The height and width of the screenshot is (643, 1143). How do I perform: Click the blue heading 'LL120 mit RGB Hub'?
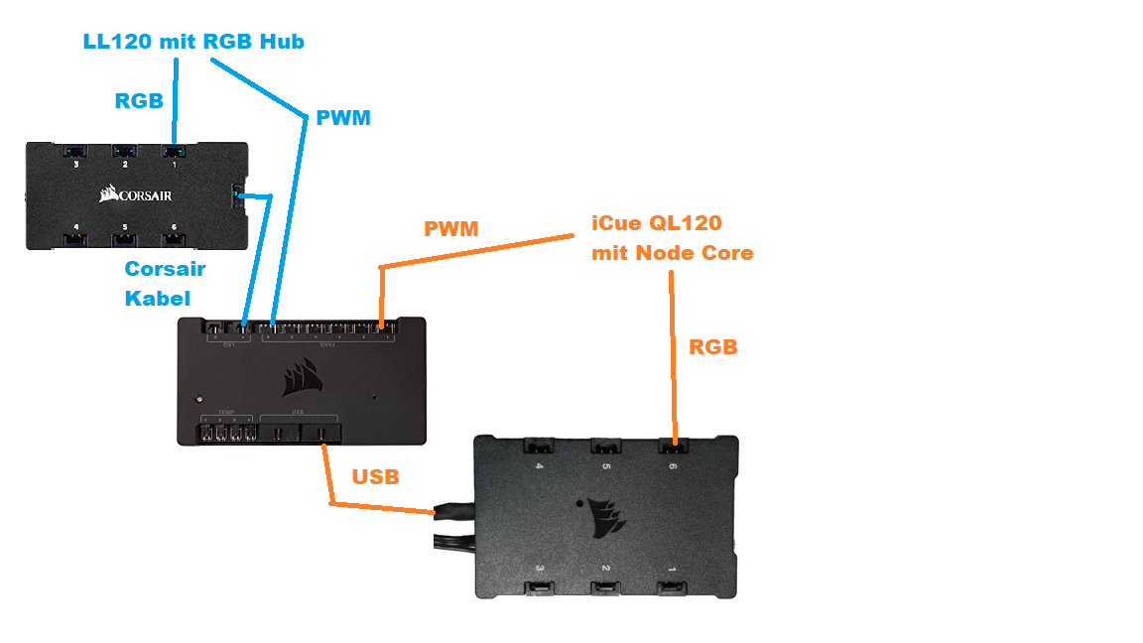193,42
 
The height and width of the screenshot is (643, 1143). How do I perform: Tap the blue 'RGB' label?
139,101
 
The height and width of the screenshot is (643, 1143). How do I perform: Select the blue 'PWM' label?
342,118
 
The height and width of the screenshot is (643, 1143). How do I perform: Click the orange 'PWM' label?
450,229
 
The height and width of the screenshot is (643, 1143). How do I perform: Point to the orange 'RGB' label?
712,347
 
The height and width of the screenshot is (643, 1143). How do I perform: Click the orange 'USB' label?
375,477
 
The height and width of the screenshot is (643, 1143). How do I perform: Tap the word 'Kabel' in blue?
158,297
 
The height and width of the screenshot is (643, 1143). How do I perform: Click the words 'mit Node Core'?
672,253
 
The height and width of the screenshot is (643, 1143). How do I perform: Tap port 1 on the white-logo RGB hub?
174,152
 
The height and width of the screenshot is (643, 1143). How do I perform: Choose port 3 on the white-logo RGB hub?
75,152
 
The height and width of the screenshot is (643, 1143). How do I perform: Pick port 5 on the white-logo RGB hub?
125,238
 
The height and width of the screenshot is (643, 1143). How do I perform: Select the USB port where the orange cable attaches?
320,434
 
